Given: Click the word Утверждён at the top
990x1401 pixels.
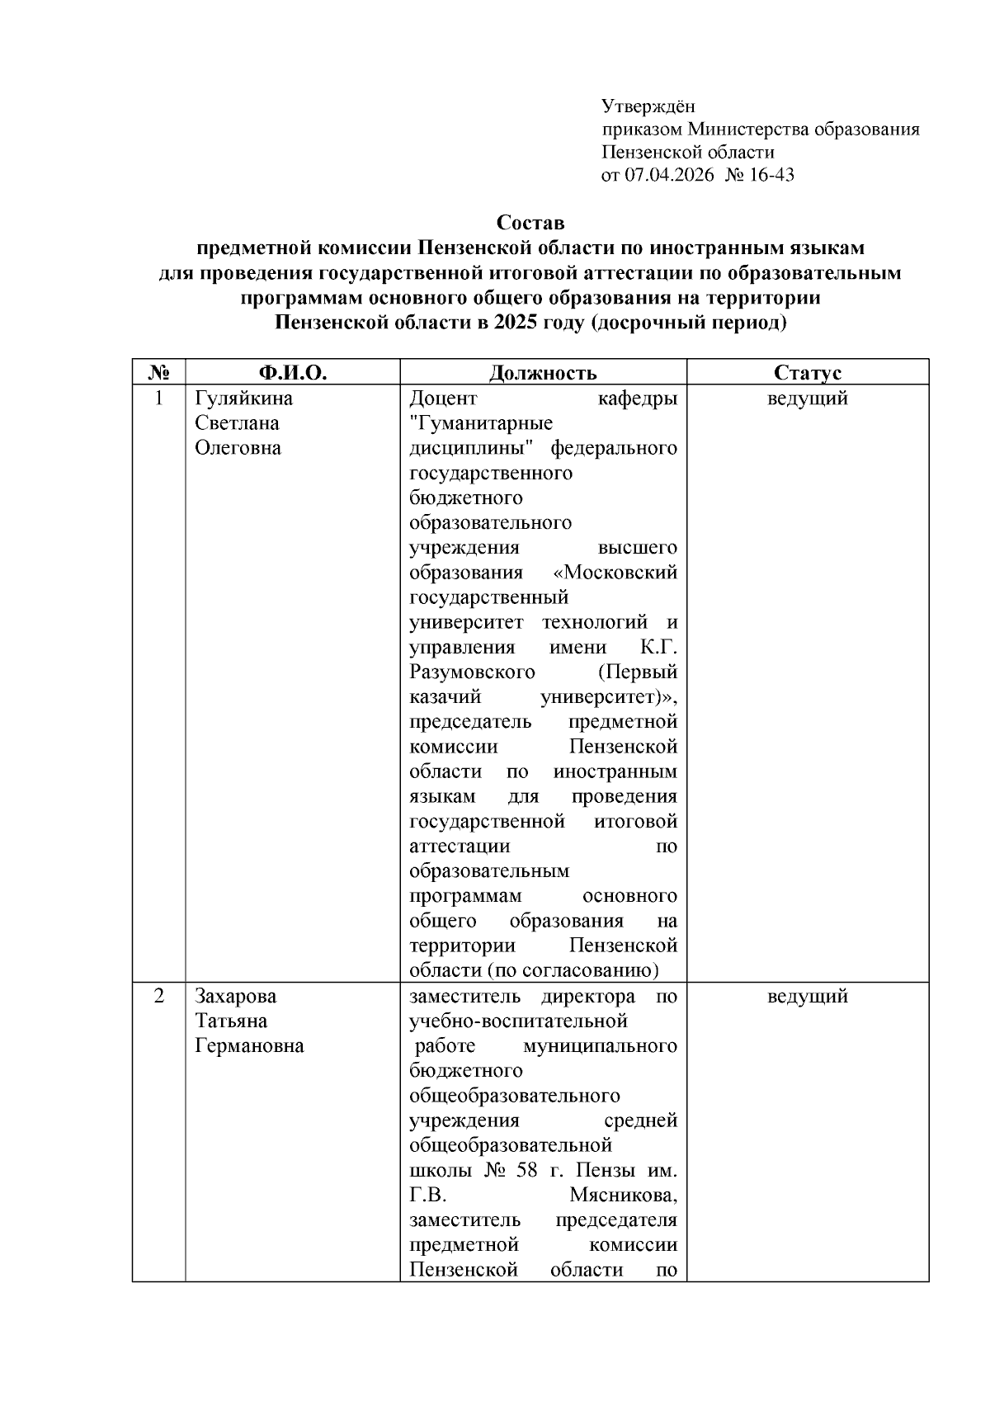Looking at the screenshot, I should click(x=648, y=106).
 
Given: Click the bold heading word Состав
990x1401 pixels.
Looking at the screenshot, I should click(x=530, y=223).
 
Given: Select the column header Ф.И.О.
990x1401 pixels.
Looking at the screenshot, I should click(x=293, y=373).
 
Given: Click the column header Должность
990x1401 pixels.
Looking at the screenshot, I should click(x=543, y=373).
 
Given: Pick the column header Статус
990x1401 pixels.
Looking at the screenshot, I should click(x=808, y=373).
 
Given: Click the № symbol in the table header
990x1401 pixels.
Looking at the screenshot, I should click(x=158, y=373).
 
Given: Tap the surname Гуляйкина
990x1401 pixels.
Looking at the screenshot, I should click(x=243, y=399).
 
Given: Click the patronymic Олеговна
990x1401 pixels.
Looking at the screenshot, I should click(x=238, y=448).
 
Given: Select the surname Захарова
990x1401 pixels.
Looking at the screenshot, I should click(x=236, y=996).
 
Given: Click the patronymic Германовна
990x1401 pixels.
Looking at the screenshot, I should click(x=249, y=1045).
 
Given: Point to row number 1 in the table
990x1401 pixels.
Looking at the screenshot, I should click(x=158, y=399).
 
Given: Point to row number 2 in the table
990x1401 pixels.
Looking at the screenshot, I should click(x=158, y=996).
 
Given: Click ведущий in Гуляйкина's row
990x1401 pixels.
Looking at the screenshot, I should click(x=808, y=399).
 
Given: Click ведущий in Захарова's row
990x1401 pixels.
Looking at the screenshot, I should click(x=808, y=996).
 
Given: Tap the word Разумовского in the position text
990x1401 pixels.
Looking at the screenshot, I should click(x=472, y=672).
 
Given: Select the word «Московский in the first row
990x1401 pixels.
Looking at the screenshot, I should click(x=615, y=573).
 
